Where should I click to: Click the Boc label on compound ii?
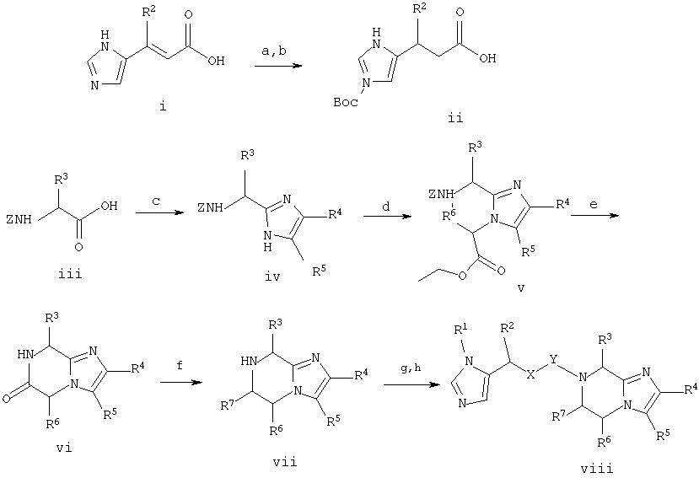[x=346, y=102]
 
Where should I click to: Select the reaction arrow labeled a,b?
[x=278, y=67]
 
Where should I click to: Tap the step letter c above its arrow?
[x=156, y=201]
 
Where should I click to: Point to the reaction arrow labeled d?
[x=387, y=217]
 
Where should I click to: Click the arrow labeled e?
[x=594, y=216]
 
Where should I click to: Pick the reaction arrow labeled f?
[x=181, y=383]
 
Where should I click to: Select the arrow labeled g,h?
[x=410, y=384]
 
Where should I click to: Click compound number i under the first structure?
[x=163, y=107]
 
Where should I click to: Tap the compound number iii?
[x=71, y=273]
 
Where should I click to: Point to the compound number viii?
[x=596, y=468]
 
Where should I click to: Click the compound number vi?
[x=65, y=448]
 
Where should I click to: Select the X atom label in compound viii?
[x=530, y=375]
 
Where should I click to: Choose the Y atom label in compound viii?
[x=553, y=358]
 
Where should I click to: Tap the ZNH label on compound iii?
[x=19, y=219]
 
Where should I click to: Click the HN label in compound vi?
[x=26, y=354]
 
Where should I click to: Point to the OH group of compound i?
[x=216, y=61]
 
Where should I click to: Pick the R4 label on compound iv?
[x=336, y=215]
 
